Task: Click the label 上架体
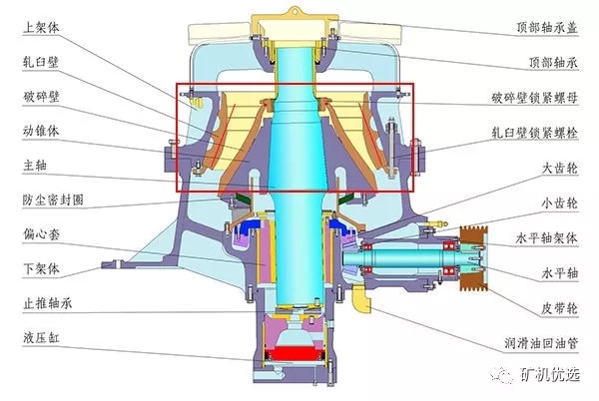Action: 41,28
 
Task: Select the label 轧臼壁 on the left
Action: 41,62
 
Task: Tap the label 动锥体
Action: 41,131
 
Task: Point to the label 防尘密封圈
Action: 53,200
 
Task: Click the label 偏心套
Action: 41,234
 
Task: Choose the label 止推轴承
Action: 47,303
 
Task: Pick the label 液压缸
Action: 41,338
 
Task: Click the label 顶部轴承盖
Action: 547,28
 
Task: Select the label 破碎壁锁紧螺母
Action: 534,98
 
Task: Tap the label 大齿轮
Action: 560,168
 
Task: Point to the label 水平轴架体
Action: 547,238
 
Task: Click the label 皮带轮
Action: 560,308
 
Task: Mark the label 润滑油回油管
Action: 541,343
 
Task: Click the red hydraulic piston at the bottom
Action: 295,353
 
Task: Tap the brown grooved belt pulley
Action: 473,258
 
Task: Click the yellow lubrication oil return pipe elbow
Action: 361,298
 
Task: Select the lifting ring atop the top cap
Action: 295,11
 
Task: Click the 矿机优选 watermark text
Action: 549,374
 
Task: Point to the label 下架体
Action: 41,269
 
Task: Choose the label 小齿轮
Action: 560,203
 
